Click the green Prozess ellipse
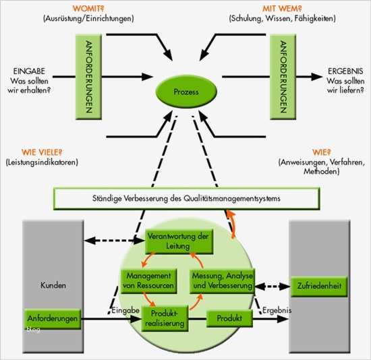(x=185, y=93)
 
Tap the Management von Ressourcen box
(x=148, y=280)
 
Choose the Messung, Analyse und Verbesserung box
(x=222, y=280)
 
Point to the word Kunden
(x=53, y=286)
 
